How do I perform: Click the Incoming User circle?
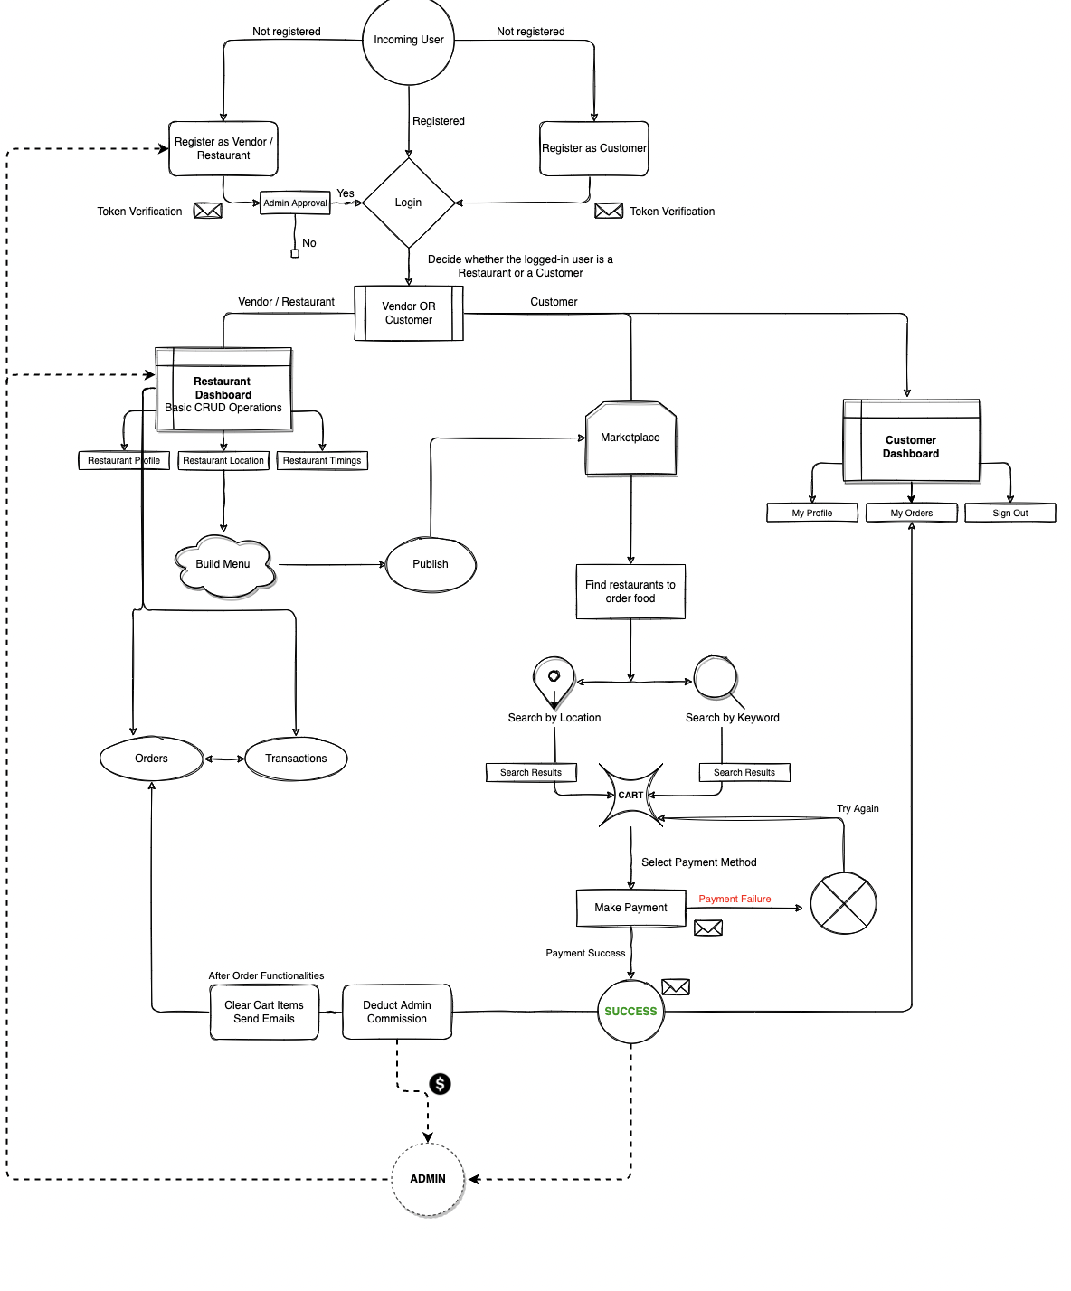pyautogui.click(x=408, y=41)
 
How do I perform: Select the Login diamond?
pyautogui.click(x=408, y=203)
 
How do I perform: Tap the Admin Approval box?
pyautogui.click(x=295, y=203)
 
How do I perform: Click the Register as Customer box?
pyautogui.click(x=594, y=148)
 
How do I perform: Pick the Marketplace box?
pyautogui.click(x=630, y=438)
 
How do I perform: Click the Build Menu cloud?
pyautogui.click(x=223, y=565)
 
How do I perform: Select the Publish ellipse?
pyautogui.click(x=431, y=564)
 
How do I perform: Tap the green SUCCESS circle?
pyautogui.click(x=630, y=1012)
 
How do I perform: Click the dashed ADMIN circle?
pyautogui.click(x=428, y=1179)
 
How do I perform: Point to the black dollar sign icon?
pyautogui.click(x=440, y=1084)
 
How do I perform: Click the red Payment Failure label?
pyautogui.click(x=735, y=899)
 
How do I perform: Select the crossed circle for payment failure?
pyautogui.click(x=843, y=903)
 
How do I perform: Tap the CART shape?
pyautogui.click(x=630, y=796)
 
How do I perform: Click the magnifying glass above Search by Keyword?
pyautogui.click(x=716, y=677)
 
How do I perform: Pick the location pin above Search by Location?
pyautogui.click(x=554, y=680)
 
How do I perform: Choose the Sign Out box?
pyautogui.click(x=1009, y=513)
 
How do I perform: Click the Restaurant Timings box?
pyautogui.click(x=322, y=461)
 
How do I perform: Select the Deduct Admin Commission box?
pyautogui.click(x=397, y=1012)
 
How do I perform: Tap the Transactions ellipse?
pyautogui.click(x=296, y=759)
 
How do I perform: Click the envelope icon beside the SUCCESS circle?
pyautogui.click(x=676, y=986)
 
